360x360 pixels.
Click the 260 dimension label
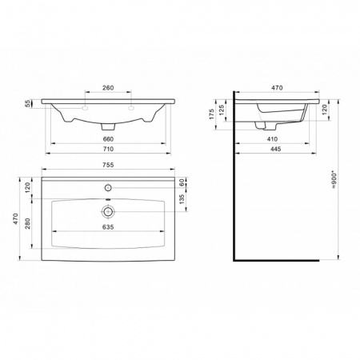(x=108, y=88)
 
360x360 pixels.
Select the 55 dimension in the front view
(x=28, y=104)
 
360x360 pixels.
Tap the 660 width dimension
(x=108, y=139)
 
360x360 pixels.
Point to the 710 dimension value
(x=108, y=149)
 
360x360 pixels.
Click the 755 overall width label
(x=108, y=165)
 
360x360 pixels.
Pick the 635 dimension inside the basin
(x=108, y=227)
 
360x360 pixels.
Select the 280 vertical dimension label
(x=28, y=223)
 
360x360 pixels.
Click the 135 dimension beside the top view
(x=182, y=199)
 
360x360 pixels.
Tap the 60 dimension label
(x=182, y=182)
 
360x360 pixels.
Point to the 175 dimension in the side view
(x=212, y=114)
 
